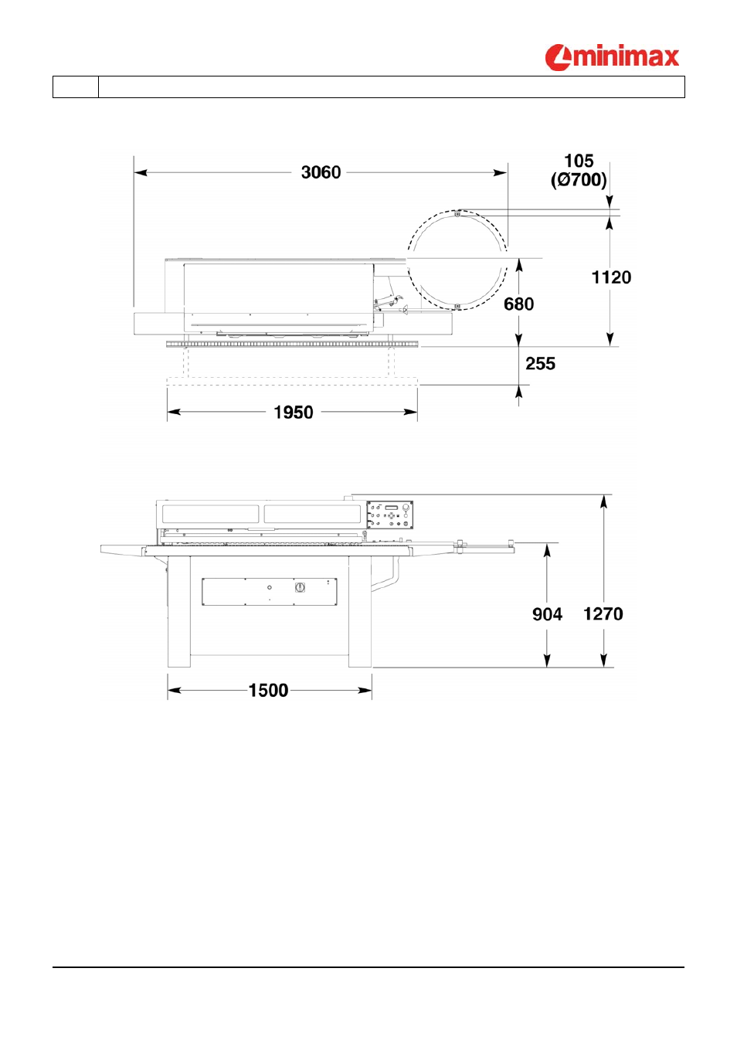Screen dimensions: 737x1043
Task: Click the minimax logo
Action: [612, 58]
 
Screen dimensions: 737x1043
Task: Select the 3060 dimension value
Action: [321, 173]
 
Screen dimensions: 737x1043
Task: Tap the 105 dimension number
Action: [579, 161]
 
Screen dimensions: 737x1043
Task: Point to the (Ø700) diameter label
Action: [579, 180]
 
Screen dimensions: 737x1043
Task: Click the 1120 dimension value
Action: [611, 277]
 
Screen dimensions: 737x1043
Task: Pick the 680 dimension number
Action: [518, 304]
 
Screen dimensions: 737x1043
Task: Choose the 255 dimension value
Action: [540, 364]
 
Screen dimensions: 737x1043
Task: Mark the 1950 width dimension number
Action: [294, 413]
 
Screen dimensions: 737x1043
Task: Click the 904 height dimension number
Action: [547, 614]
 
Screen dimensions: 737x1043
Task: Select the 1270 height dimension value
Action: [603, 614]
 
